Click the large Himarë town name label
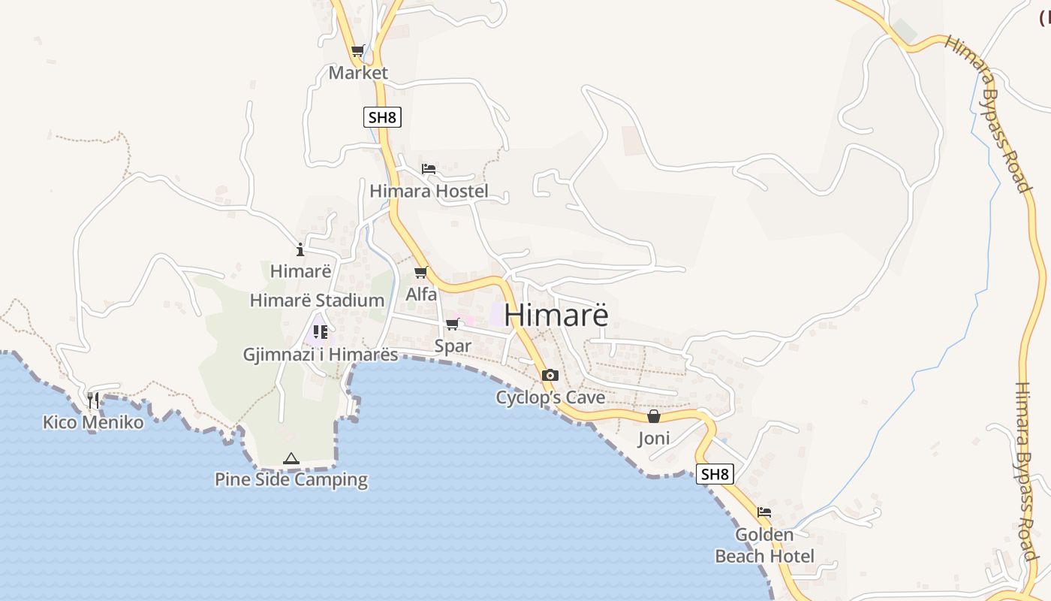tap(556, 315)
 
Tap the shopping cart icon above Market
tap(358, 51)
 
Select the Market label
tap(358, 73)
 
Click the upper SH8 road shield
tap(382, 117)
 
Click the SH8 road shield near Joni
tap(714, 474)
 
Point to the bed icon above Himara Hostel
tap(429, 168)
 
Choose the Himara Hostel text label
tap(429, 191)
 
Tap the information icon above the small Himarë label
tap(300, 249)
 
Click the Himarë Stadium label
tap(317, 300)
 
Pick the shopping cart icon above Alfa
tap(420, 273)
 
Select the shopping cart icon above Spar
tap(452, 325)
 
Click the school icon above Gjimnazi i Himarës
tap(321, 331)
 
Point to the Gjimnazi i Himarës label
tap(321, 355)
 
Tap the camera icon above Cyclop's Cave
tap(550, 375)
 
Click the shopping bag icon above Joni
tap(654, 416)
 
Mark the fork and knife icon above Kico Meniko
tap(93, 400)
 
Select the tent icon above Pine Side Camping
tap(291, 458)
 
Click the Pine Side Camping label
tap(291, 479)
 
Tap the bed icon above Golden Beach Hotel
tap(764, 512)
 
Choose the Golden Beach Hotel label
tap(764, 545)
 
